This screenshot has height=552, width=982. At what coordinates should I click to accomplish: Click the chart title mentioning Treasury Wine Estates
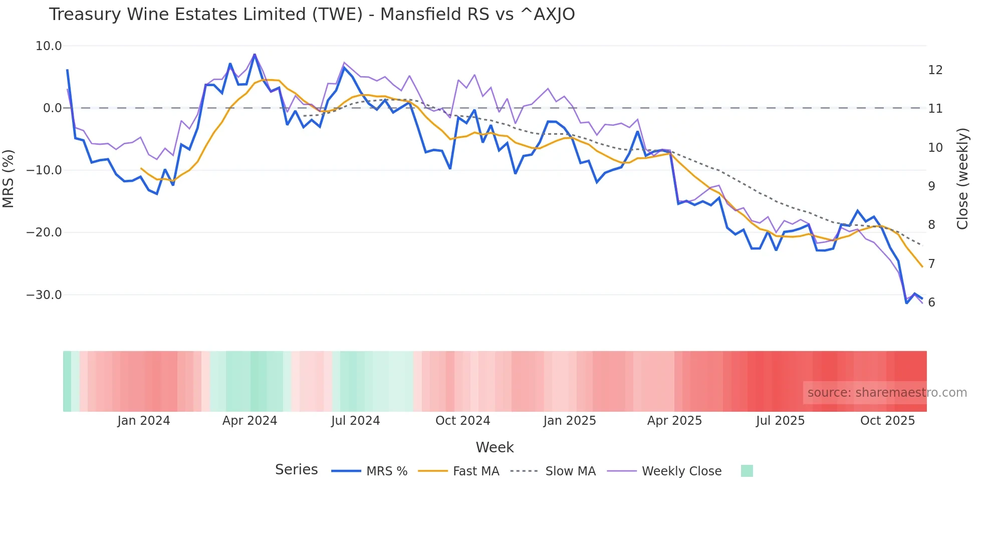(x=312, y=15)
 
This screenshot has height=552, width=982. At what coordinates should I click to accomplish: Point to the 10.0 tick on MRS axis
(x=49, y=46)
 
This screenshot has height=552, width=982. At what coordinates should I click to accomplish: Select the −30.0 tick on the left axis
(x=44, y=295)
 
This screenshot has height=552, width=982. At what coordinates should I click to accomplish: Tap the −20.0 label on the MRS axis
(x=44, y=232)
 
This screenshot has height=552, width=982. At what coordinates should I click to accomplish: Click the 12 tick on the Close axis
(x=935, y=70)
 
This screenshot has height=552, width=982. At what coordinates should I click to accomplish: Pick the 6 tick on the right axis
(x=931, y=303)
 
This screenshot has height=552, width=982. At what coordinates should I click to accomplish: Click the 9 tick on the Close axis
(x=931, y=186)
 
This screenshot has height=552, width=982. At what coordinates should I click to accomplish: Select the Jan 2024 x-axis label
(x=144, y=421)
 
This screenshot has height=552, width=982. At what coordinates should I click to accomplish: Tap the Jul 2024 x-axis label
(x=356, y=421)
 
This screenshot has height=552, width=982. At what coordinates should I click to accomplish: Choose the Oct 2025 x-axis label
(x=887, y=421)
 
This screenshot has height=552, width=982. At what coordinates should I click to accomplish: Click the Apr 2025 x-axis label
(x=674, y=421)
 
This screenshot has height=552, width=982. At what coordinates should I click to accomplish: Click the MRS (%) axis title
(x=9, y=178)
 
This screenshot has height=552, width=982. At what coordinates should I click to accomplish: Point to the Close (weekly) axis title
(x=962, y=179)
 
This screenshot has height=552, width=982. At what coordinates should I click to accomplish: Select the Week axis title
(x=495, y=447)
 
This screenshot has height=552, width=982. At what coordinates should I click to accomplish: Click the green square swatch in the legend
(x=747, y=471)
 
